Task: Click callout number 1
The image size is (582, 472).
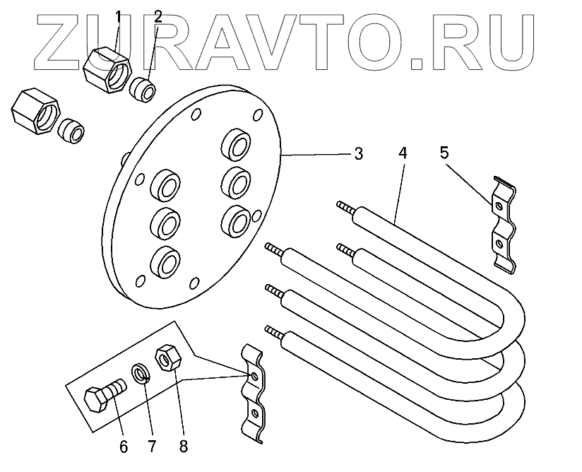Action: pos(118,15)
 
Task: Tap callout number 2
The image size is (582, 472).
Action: pos(158,16)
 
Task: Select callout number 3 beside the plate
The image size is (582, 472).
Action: pos(358,153)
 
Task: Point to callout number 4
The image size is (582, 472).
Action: pos(402,153)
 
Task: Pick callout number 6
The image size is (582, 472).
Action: pos(124,447)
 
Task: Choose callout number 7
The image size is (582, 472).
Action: pos(150,447)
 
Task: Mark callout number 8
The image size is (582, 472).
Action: pos(184,447)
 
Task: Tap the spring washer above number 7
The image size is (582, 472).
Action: pos(141,372)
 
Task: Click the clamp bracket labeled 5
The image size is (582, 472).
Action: pos(502,223)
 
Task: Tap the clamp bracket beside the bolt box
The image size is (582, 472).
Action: pos(251,392)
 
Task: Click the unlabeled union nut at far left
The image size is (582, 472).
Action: pos(35,112)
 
